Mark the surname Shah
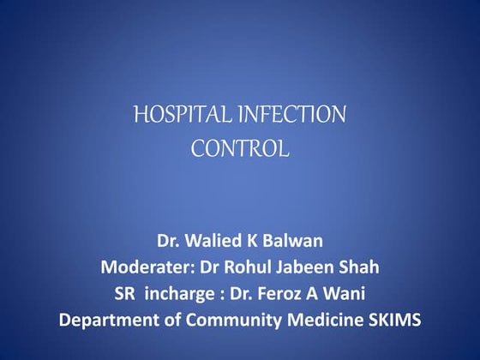click(362, 267)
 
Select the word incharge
click(181, 294)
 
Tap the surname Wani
click(347, 294)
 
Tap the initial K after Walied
click(254, 239)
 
